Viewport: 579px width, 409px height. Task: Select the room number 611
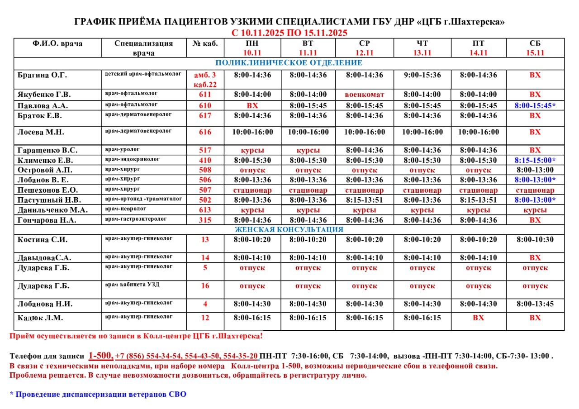coord(205,95)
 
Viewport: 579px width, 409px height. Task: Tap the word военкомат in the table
coord(364,95)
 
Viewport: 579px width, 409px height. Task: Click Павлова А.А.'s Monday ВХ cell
coord(252,105)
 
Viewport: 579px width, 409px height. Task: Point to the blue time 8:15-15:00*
coord(535,160)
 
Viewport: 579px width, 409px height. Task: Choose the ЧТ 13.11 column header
coord(422,48)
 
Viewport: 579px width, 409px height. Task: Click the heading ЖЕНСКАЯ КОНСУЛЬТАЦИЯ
coord(289,229)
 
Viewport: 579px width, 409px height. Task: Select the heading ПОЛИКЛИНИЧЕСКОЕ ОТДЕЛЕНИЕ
coord(289,63)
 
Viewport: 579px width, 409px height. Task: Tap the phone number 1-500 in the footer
coord(100,355)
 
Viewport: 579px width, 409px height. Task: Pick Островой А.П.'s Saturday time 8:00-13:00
coord(535,170)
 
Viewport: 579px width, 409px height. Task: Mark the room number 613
coord(205,210)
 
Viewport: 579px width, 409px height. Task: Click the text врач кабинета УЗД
coord(132,284)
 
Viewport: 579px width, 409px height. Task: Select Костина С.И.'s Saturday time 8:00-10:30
coord(535,240)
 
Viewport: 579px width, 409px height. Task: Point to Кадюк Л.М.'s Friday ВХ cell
coord(478,318)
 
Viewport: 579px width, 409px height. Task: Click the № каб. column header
coord(205,44)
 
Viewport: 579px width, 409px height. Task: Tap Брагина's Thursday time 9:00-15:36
coord(422,75)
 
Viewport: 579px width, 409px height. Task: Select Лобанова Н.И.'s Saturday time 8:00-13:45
coord(535,304)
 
